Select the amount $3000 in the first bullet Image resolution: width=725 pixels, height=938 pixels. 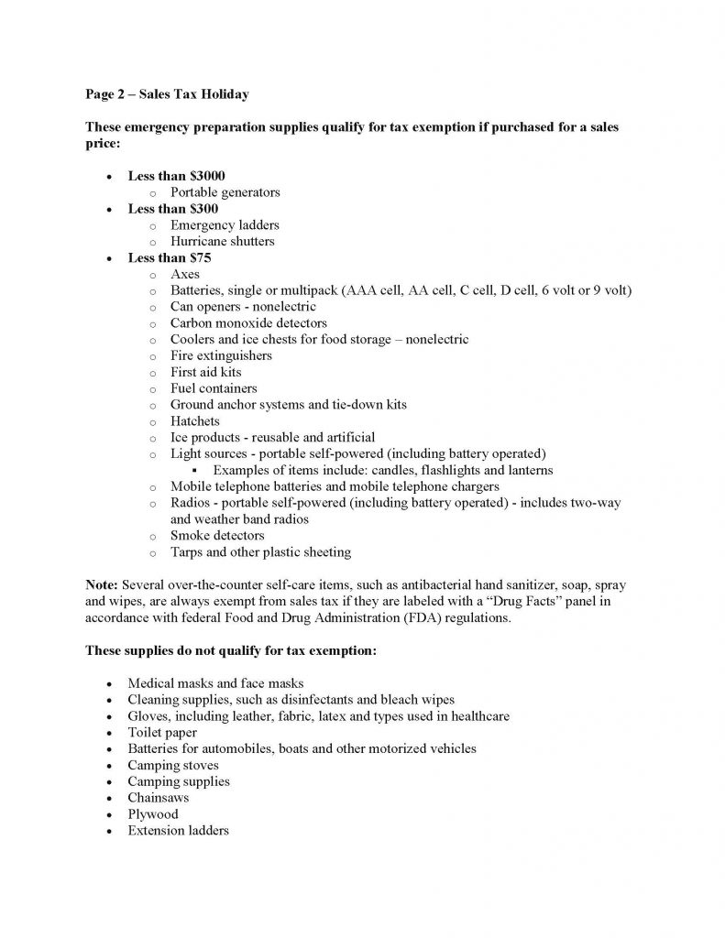tap(206, 176)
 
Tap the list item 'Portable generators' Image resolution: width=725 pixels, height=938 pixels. tap(225, 192)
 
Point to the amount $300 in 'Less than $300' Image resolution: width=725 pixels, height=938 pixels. tap(203, 209)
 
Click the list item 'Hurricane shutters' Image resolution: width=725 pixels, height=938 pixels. tap(223, 242)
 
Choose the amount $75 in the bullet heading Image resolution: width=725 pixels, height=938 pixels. tap(199, 258)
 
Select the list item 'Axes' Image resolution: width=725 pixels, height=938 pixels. tap(185, 274)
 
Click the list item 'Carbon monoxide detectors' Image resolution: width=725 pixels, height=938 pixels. tap(248, 323)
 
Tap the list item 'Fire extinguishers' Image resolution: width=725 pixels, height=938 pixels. tap(221, 355)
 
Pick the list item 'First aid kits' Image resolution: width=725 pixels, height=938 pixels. tap(207, 372)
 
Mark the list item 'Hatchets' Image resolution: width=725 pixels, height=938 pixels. tap(195, 421)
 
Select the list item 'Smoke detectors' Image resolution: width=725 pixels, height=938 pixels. tap(217, 535)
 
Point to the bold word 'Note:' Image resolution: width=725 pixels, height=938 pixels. tap(103, 584)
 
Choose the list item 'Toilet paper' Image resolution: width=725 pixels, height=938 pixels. tap(163, 732)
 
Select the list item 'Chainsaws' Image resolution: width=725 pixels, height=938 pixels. tap(159, 798)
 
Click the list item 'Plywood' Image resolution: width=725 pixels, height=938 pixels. tap(153, 813)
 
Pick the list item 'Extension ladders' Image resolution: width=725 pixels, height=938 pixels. tap(178, 830)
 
